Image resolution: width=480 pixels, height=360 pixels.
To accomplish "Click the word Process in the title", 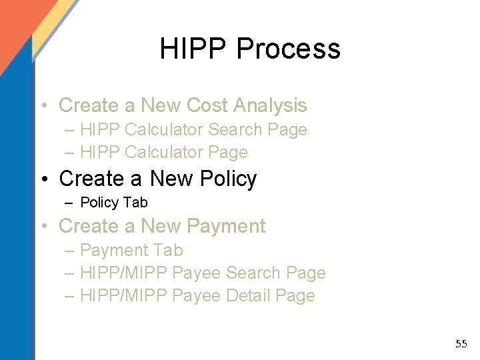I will click(x=288, y=49).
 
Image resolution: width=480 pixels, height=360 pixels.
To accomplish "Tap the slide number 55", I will click(x=461, y=344).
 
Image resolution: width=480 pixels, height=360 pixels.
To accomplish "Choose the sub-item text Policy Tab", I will click(x=113, y=202).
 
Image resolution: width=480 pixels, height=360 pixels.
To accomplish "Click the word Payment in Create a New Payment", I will click(x=226, y=226).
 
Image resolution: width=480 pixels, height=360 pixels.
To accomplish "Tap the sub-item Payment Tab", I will click(x=131, y=251).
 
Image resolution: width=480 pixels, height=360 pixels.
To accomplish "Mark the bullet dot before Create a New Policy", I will click(x=44, y=179).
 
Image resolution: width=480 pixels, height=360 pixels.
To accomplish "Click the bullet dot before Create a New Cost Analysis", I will click(x=44, y=106).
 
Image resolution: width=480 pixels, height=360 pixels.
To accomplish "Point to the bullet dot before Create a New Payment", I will click(x=44, y=227).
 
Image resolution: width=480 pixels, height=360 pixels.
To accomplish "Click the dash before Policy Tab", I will click(x=69, y=202).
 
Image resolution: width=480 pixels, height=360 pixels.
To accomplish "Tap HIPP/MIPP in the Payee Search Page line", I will click(x=123, y=273).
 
